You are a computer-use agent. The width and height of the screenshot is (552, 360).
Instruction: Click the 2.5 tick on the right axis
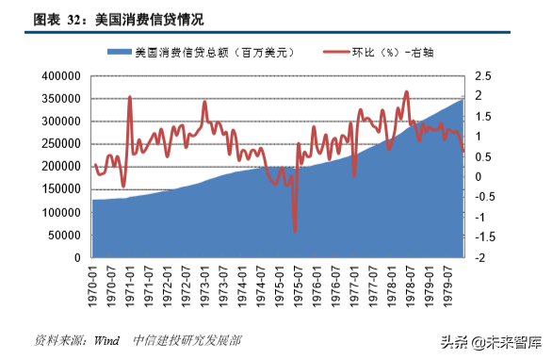pos(482,75)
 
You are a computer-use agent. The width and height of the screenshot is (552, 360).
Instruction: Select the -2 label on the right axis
pos(479,257)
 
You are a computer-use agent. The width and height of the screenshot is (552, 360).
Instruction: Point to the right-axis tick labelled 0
pos(478,176)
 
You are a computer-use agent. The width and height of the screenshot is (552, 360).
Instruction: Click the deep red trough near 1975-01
pos(295,231)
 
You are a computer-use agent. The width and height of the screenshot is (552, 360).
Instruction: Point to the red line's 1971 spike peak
pos(129,97)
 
